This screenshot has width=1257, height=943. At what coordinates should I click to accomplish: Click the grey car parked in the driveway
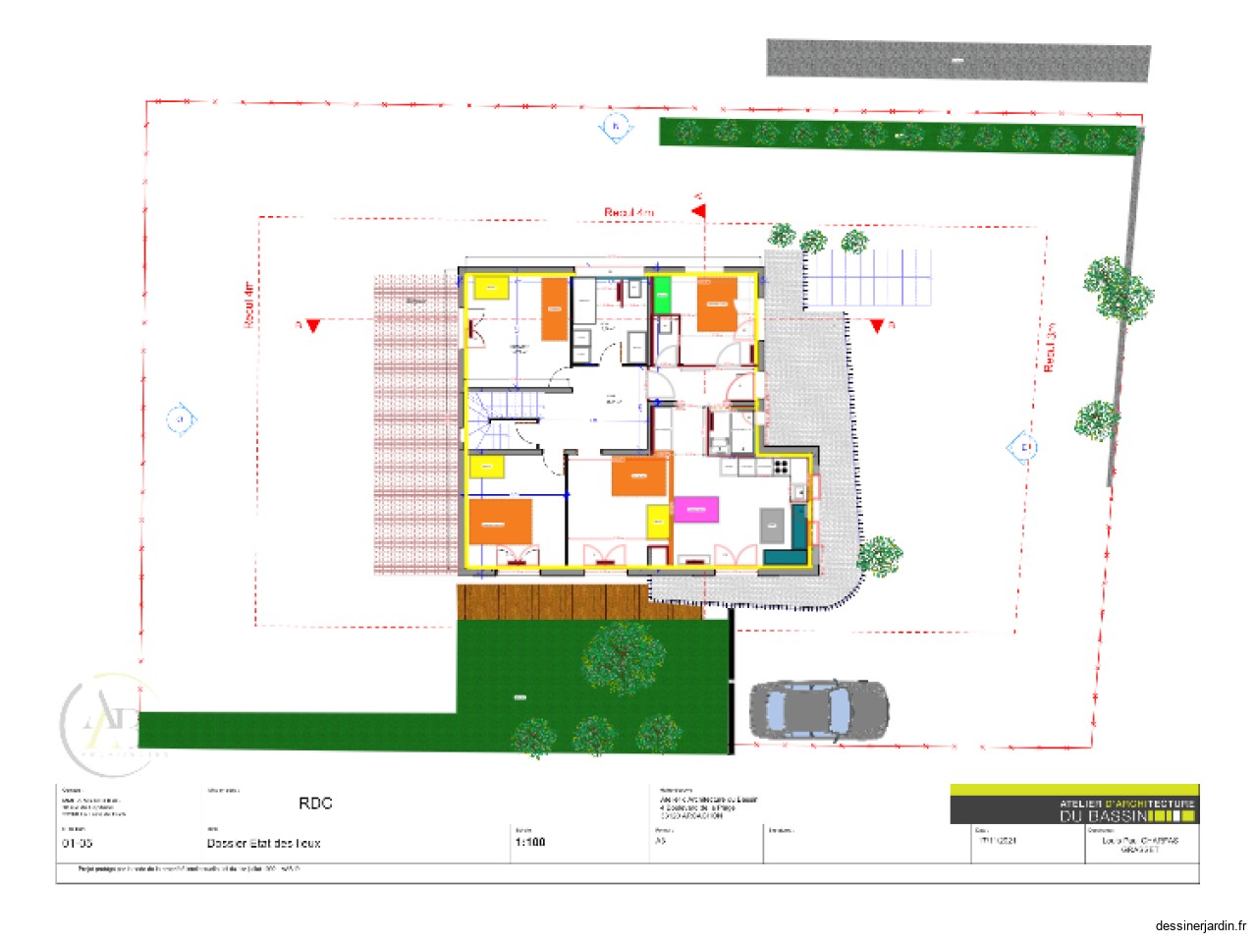click(x=819, y=709)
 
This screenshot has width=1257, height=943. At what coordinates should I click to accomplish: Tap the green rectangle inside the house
click(x=662, y=295)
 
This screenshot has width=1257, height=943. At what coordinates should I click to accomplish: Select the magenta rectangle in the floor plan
click(x=695, y=510)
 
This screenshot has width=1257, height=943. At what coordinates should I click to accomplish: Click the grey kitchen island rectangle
click(x=773, y=526)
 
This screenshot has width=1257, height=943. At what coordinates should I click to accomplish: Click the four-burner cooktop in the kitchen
click(x=782, y=467)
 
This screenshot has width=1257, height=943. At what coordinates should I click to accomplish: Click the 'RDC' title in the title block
click(x=315, y=804)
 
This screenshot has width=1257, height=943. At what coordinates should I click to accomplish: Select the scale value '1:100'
click(x=529, y=842)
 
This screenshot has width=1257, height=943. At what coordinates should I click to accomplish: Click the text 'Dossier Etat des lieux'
click(x=263, y=843)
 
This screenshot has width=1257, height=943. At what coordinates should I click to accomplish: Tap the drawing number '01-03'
click(x=78, y=843)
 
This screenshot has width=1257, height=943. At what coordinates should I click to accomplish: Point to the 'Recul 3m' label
click(x=1049, y=347)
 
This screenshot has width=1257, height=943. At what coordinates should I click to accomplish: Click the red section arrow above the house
click(x=699, y=209)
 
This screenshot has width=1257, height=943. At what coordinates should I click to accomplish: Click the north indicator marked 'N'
click(x=616, y=127)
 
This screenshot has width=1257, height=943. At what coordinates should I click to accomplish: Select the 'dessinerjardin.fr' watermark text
click(x=1200, y=925)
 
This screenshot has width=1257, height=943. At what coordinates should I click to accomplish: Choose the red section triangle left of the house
click(x=312, y=326)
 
